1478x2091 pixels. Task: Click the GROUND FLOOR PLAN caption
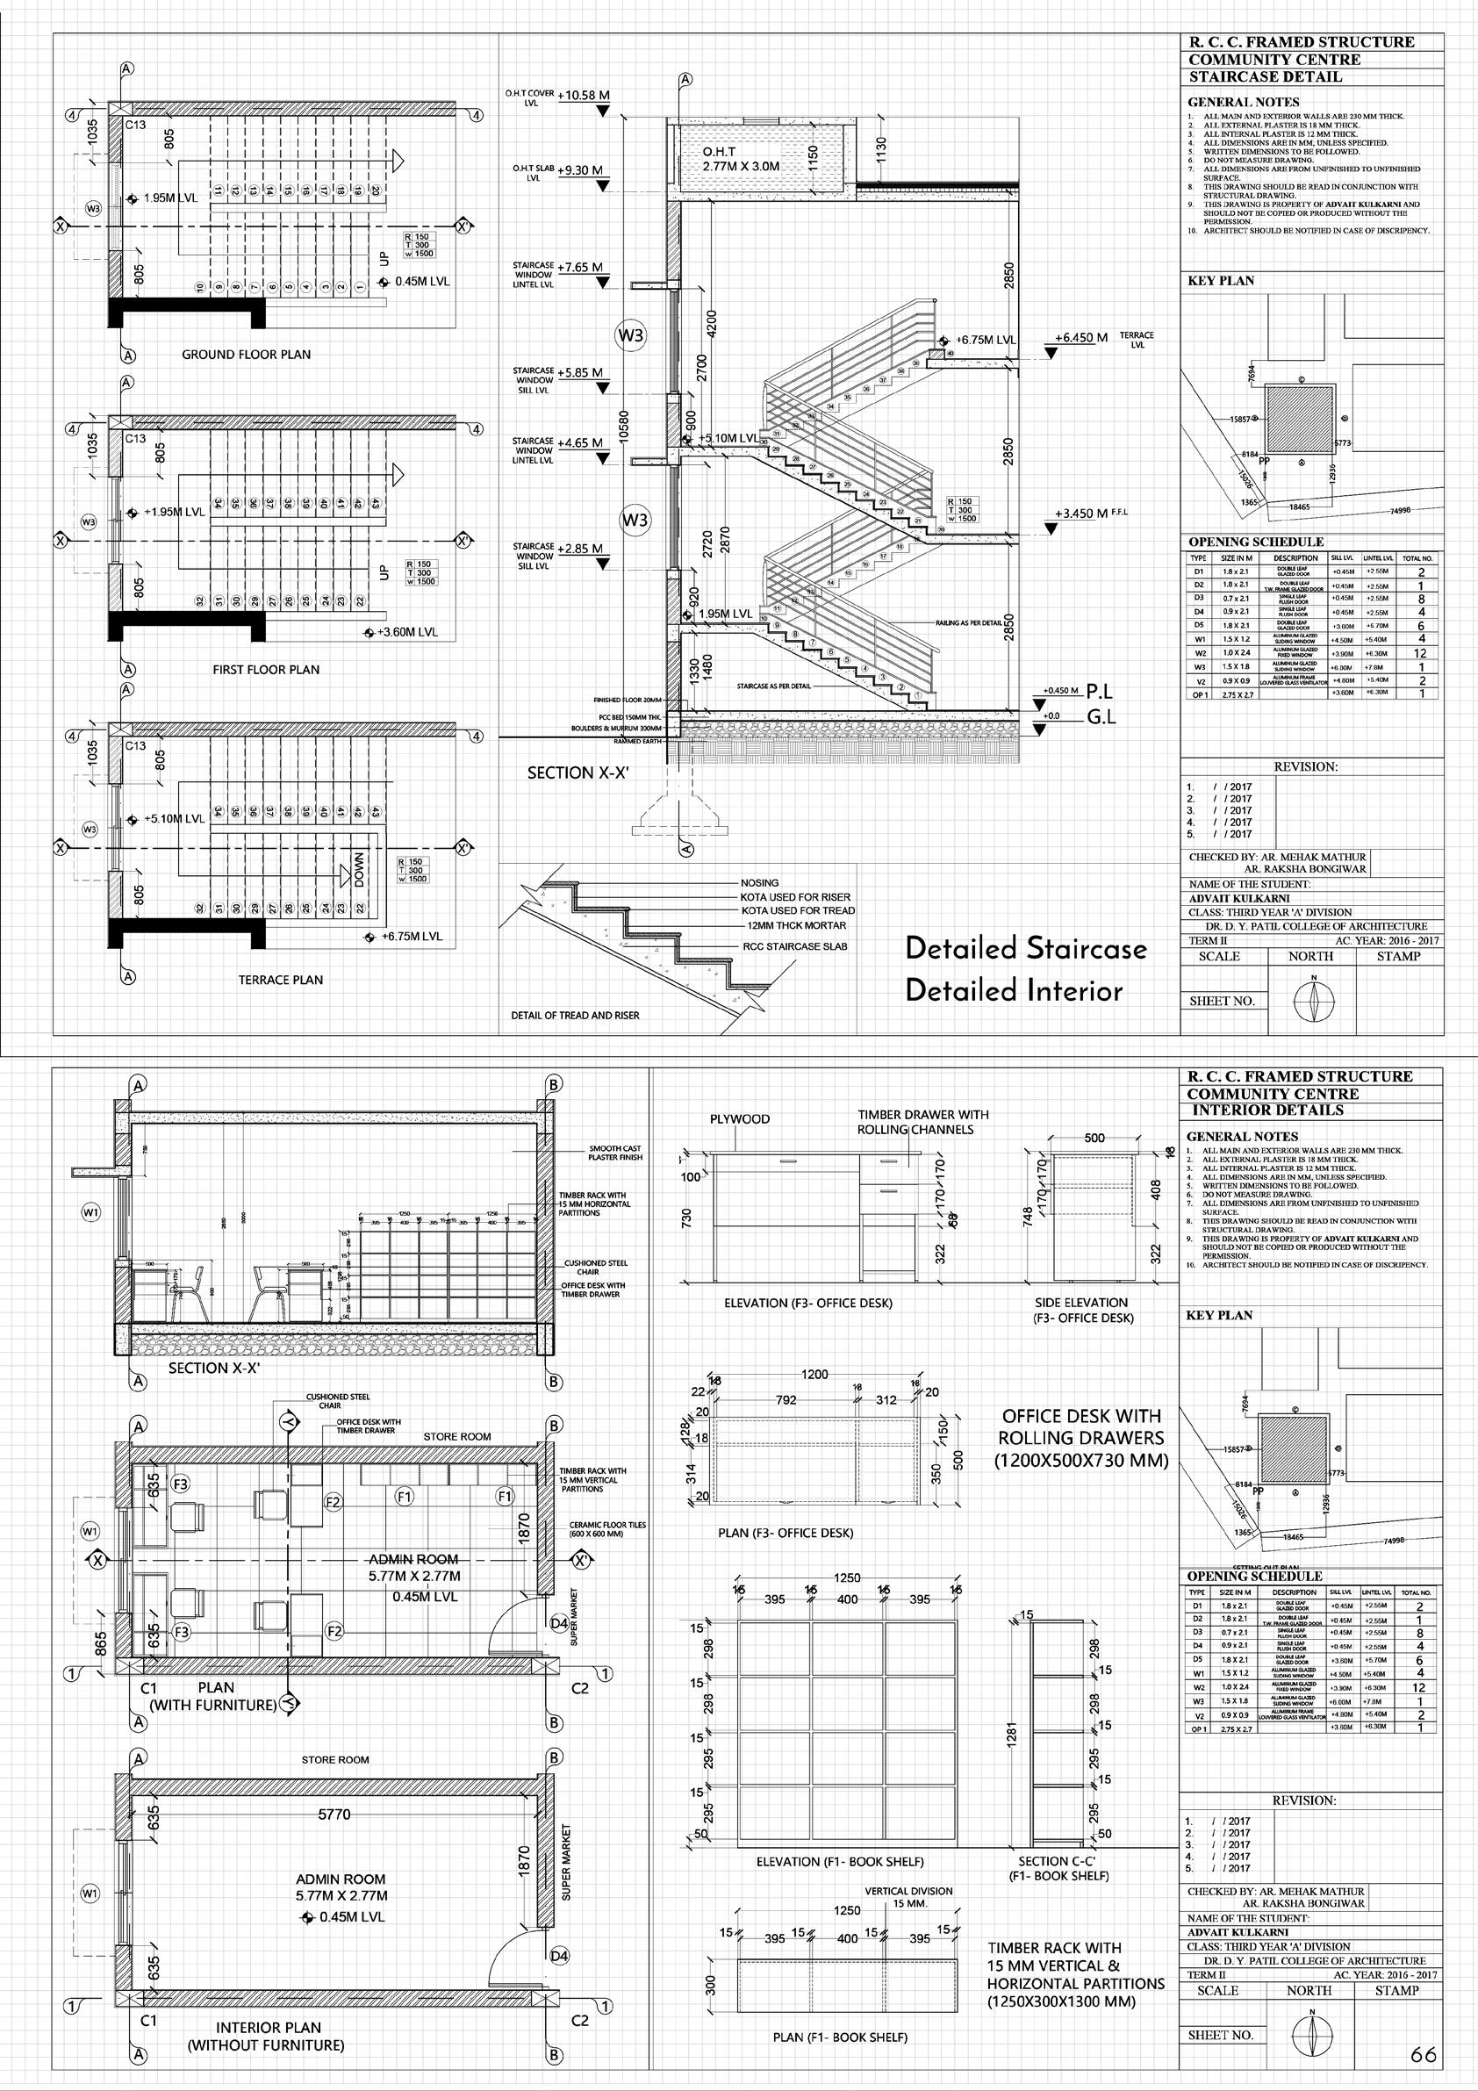coord(246,355)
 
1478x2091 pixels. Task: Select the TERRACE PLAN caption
coord(281,980)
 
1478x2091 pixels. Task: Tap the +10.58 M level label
coord(583,95)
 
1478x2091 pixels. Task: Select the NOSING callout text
coord(758,882)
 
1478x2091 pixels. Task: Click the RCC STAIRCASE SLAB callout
coord(794,946)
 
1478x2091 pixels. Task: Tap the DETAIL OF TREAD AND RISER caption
coord(575,1015)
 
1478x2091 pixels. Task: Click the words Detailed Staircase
coord(1025,948)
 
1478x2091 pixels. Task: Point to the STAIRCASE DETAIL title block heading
coord(1265,76)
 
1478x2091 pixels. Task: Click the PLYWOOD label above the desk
coord(740,1119)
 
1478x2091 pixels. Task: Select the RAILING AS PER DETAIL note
coord(968,623)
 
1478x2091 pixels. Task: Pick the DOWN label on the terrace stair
coord(359,868)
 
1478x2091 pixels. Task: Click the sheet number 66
coord(1424,2055)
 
